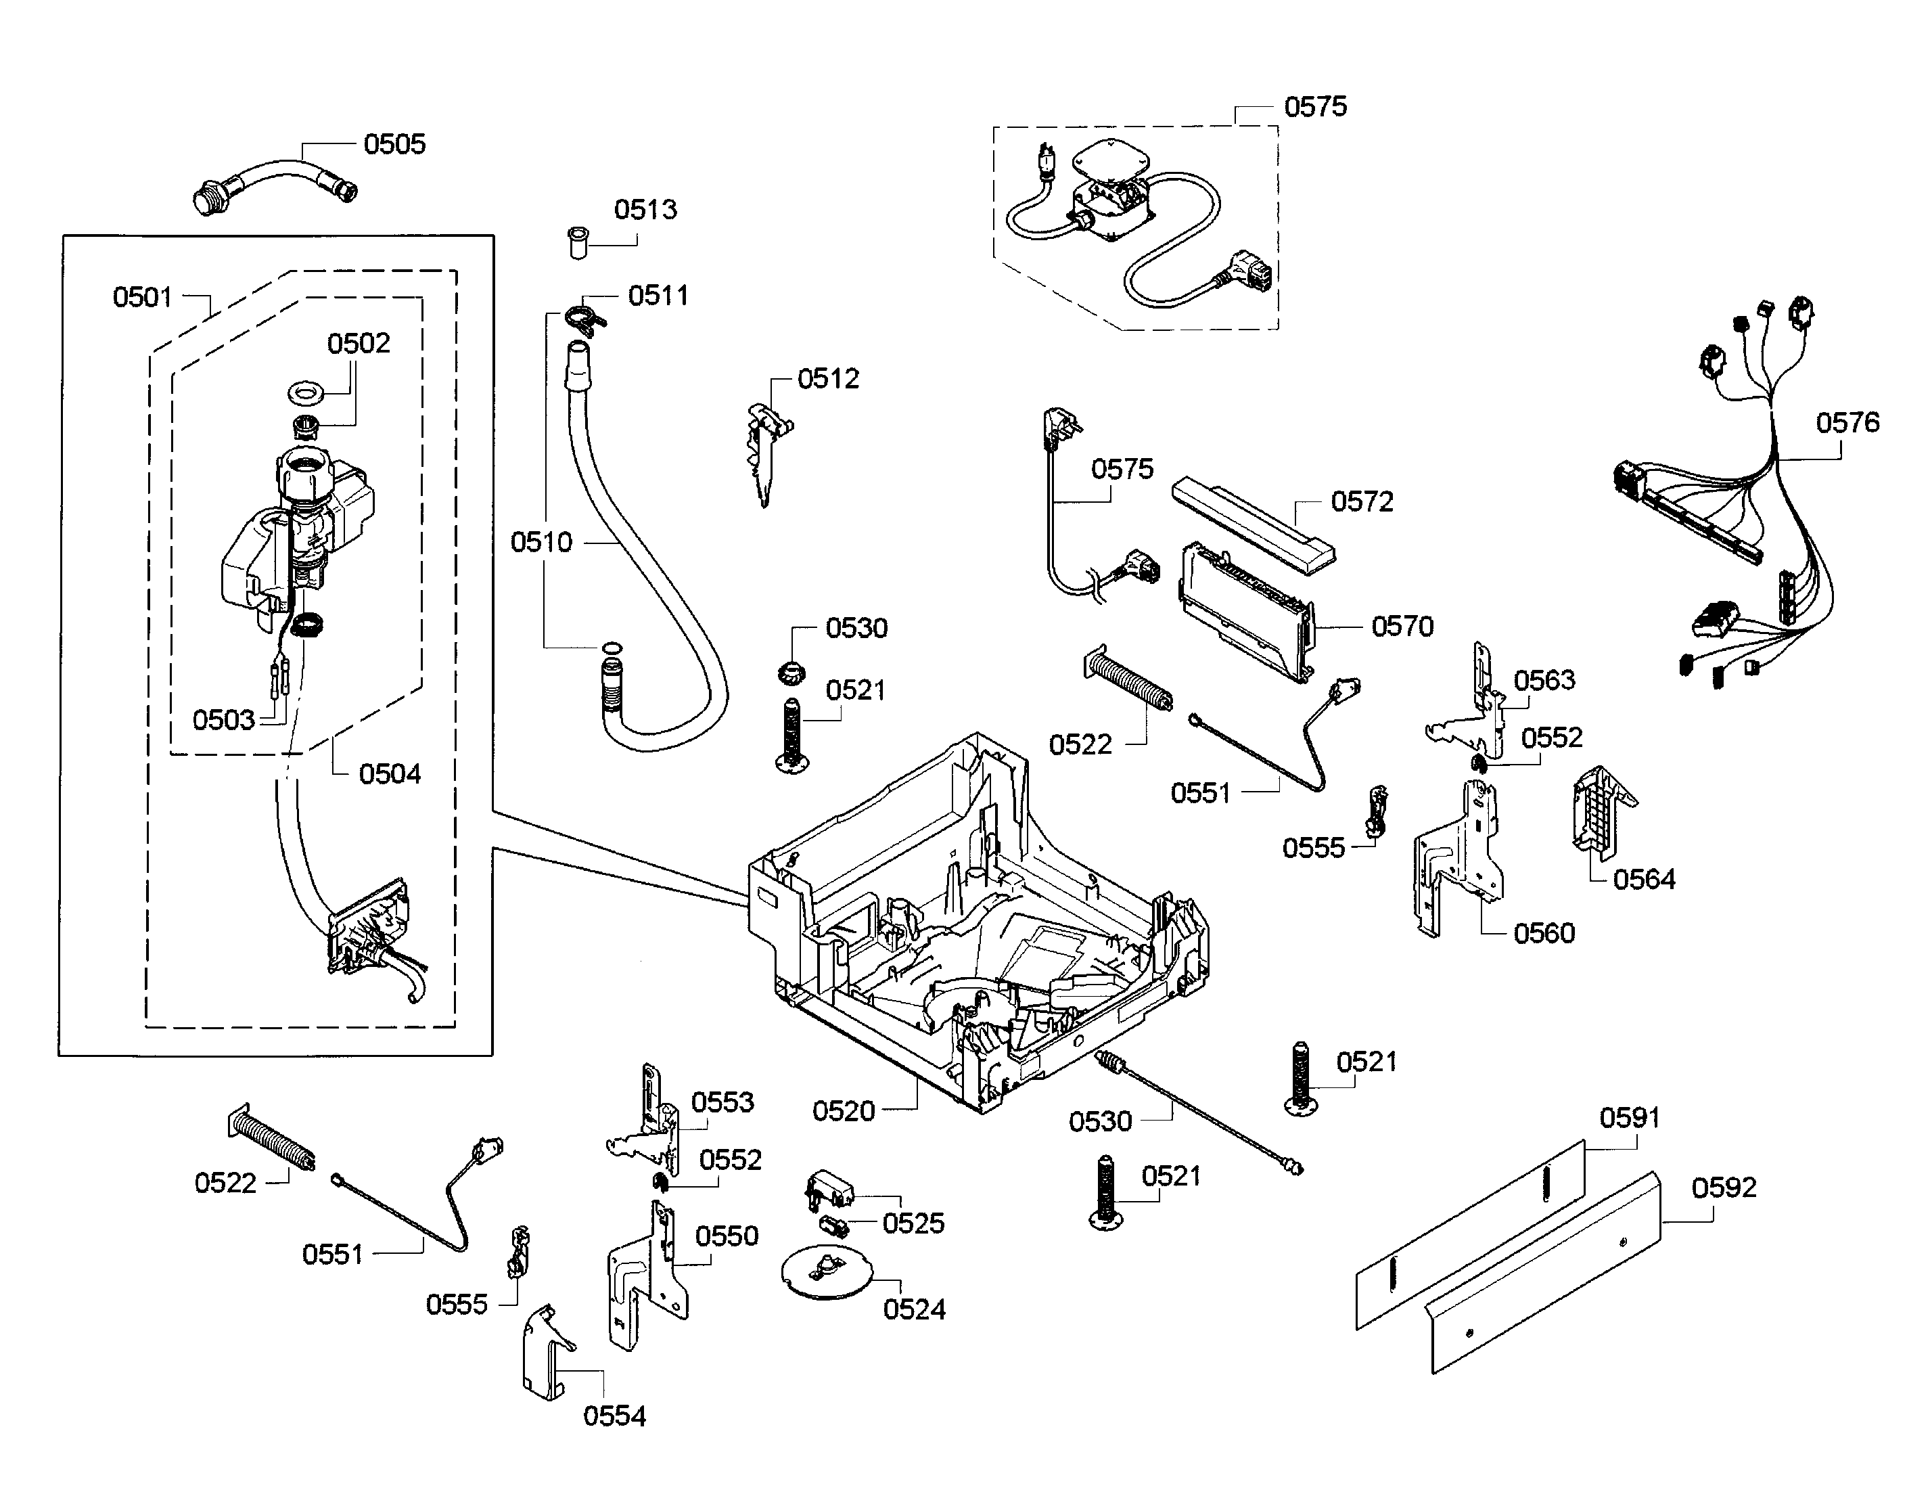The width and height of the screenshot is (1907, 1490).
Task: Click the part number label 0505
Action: (x=394, y=144)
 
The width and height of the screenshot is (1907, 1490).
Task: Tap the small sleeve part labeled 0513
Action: (x=576, y=242)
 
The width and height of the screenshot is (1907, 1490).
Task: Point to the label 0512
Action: (x=828, y=379)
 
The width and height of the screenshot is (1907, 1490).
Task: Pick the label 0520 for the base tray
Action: (x=844, y=1111)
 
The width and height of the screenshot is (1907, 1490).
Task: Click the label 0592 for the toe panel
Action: (x=1724, y=1188)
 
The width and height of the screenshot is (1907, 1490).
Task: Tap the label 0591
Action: (x=1630, y=1118)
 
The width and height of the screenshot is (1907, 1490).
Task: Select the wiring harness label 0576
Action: (x=1847, y=423)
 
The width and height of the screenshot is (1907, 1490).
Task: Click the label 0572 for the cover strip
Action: (x=1362, y=502)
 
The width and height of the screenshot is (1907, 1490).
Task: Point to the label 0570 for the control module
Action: (x=1402, y=626)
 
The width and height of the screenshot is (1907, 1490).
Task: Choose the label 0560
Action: (x=1544, y=934)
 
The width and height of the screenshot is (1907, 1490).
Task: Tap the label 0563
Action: (x=1544, y=680)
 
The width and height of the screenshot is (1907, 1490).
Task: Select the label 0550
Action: (x=727, y=1237)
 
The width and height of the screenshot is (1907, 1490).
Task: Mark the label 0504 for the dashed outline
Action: (x=390, y=774)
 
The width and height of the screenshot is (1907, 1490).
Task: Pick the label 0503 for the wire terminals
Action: (x=223, y=721)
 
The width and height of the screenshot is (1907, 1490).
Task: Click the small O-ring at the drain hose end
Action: (x=612, y=648)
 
